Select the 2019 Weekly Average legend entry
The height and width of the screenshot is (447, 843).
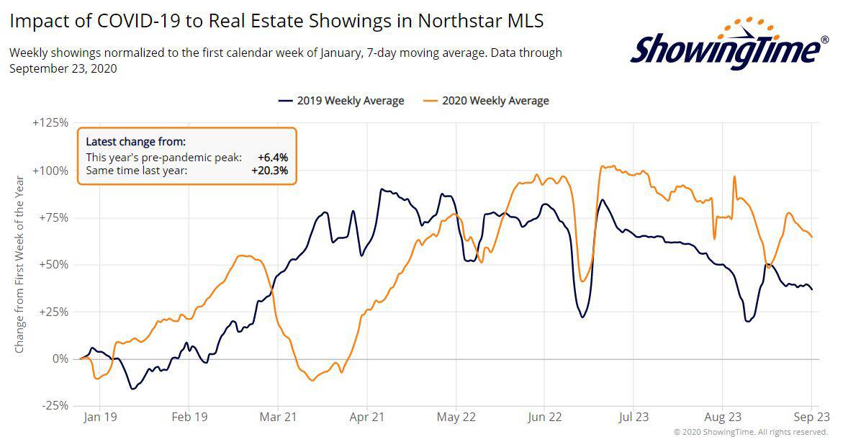(341, 101)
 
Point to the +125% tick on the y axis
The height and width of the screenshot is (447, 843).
(50, 123)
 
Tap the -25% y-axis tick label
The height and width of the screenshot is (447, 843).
(53, 406)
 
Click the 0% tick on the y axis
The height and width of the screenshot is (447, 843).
(59, 358)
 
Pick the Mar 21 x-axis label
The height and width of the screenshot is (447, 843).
(278, 416)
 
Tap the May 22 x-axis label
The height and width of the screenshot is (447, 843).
(456, 416)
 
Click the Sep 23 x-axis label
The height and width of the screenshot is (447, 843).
(812, 416)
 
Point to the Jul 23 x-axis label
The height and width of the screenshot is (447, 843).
(634, 416)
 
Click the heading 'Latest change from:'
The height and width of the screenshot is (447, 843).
(135, 142)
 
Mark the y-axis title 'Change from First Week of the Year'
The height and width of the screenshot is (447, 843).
(19, 264)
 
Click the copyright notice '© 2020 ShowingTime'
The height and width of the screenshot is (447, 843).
(751, 432)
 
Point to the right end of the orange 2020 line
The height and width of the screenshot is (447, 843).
(812, 237)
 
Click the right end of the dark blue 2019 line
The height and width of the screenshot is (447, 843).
(812, 289)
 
